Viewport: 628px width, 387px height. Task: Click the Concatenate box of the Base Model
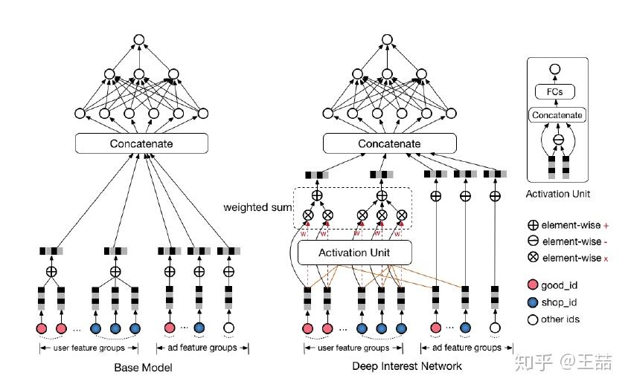[140, 143]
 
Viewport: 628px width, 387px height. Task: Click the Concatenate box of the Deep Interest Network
[389, 143]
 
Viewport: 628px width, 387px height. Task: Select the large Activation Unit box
[354, 253]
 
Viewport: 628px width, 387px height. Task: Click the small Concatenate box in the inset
[556, 115]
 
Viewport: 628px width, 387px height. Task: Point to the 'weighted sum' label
[256, 206]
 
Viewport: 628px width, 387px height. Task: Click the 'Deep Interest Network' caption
[407, 366]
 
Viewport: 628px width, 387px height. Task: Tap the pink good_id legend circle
[533, 286]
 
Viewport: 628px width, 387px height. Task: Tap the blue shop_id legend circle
[533, 302]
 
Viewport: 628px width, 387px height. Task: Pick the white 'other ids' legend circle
[533, 319]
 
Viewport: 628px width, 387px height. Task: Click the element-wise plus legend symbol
[533, 224]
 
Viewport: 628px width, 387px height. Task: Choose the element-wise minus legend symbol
[533, 241]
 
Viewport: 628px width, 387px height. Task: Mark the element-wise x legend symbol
[533, 258]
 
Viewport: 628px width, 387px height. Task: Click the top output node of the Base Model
[139, 40]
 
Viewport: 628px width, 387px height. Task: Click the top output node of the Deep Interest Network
[388, 40]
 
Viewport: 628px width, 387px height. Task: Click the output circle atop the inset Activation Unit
[555, 70]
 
